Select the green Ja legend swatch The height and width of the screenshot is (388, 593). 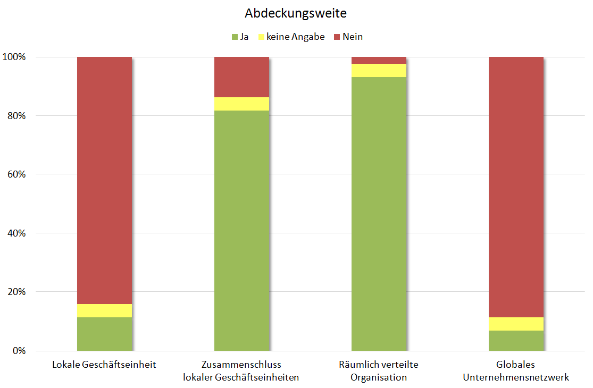[x=235, y=37]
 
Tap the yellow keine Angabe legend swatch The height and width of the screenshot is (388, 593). [x=261, y=37]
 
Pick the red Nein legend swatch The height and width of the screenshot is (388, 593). [x=337, y=37]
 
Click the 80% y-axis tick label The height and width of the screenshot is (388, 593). [x=16, y=116]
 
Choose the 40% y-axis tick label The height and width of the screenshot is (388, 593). [x=16, y=233]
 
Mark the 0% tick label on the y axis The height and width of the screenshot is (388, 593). [x=19, y=351]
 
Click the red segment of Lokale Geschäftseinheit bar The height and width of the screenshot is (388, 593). [x=104, y=181]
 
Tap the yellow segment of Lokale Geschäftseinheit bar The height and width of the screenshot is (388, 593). [x=104, y=310]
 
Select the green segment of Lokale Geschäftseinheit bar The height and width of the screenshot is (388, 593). [x=104, y=334]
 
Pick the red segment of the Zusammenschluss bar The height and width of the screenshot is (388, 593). [x=241, y=77]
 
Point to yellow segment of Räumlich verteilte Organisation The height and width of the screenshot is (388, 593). [x=379, y=70]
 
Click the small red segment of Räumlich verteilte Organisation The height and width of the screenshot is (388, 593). [x=379, y=60]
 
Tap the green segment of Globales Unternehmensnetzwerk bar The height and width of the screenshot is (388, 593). [x=516, y=341]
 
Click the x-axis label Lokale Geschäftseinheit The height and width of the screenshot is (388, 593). [x=104, y=365]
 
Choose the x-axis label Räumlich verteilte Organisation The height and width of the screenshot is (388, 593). [x=379, y=371]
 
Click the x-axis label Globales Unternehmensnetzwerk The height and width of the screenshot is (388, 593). [x=516, y=371]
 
